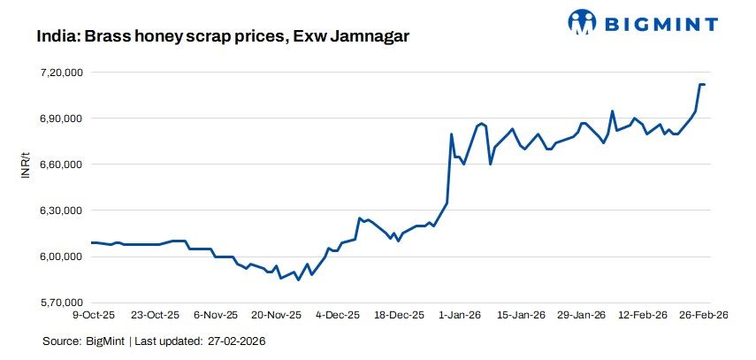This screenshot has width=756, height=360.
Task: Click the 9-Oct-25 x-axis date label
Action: coord(95,315)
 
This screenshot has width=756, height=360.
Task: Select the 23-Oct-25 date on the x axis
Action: coord(156,315)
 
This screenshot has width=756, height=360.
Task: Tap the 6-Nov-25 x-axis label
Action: coord(217,315)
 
